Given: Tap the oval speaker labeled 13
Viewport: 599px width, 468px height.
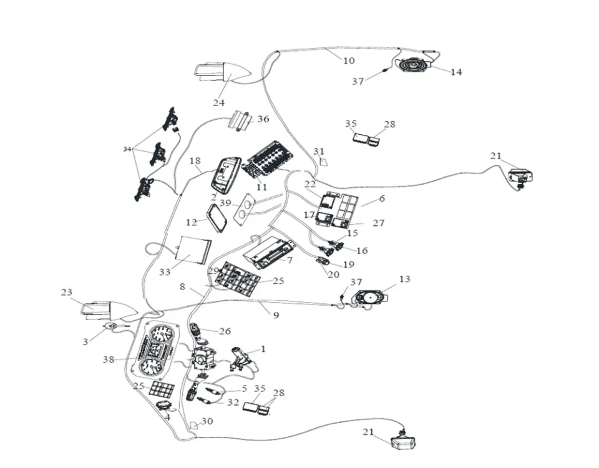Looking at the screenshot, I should [x=369, y=297].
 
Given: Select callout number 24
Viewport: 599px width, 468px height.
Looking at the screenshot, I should [x=218, y=103].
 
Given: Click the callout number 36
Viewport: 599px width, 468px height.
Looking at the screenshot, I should [x=263, y=119].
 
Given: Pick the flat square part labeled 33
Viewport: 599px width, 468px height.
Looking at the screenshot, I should [x=192, y=250].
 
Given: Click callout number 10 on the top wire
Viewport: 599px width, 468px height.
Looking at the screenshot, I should [x=349, y=61].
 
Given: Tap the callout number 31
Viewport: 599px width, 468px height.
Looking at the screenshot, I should [x=319, y=152].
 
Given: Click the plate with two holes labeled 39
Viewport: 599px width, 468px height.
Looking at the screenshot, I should [x=246, y=207].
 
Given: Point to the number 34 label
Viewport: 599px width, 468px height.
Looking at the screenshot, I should [x=127, y=149].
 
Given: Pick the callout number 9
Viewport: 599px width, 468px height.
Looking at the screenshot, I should [x=276, y=315].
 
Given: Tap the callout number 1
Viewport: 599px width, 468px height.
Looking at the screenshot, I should [x=263, y=349].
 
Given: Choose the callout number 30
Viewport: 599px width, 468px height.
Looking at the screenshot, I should [x=207, y=421].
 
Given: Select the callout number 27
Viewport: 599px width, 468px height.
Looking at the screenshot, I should [x=378, y=223].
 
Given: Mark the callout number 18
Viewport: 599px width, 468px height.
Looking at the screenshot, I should [x=195, y=161].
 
